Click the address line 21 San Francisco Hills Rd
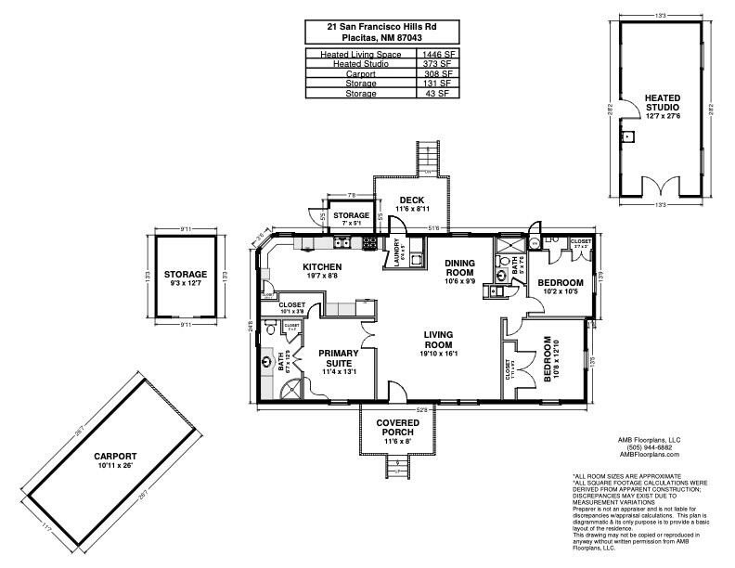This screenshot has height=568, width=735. pos(381,28)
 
